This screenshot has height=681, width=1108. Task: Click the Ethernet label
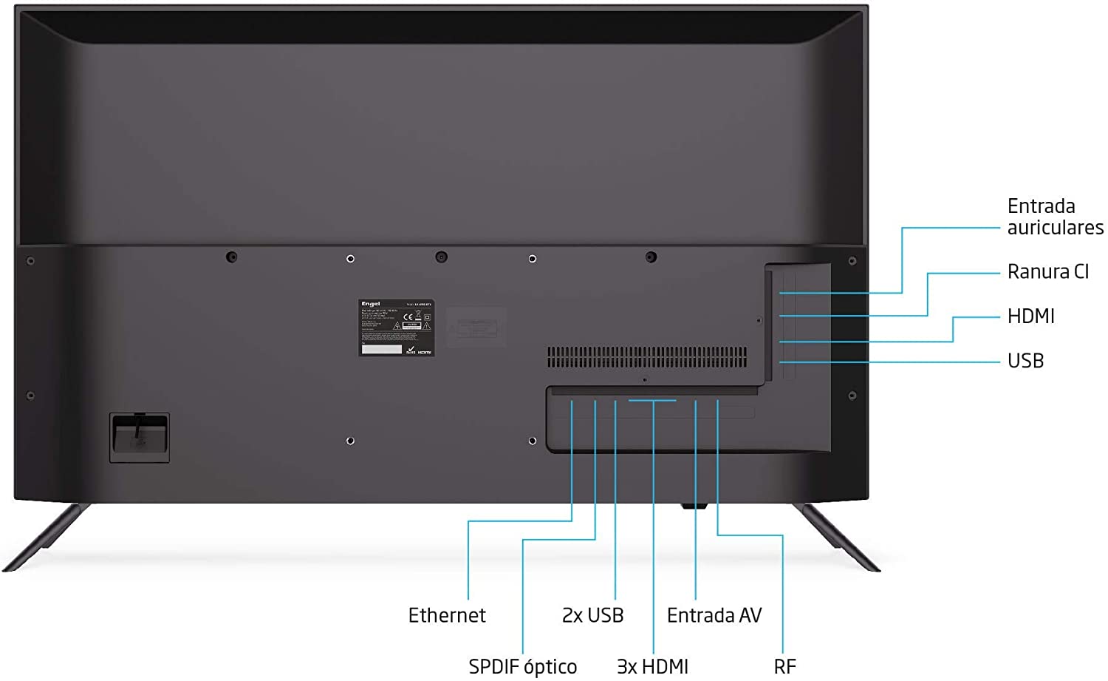[x=447, y=615]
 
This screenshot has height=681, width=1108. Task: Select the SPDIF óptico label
[x=522, y=666]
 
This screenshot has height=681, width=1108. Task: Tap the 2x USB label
[x=592, y=615]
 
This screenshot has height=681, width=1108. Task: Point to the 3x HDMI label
[x=652, y=666]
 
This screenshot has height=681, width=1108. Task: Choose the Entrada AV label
[x=714, y=615]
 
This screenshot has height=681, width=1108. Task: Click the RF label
[x=784, y=666]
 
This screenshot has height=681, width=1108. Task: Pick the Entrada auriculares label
[x=1055, y=217]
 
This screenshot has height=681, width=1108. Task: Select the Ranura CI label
[x=1047, y=272]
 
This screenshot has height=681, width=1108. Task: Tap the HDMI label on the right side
[x=1030, y=316]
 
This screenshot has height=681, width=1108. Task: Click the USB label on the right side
[x=1025, y=361]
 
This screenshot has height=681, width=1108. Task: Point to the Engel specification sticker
[x=396, y=328]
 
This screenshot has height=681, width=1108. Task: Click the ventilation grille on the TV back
[x=646, y=358]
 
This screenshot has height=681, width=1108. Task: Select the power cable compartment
[x=140, y=438]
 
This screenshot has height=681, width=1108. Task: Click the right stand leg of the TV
[x=841, y=538]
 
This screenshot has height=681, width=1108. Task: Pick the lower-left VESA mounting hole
[x=350, y=441]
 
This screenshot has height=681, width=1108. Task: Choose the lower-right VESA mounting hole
[x=533, y=441]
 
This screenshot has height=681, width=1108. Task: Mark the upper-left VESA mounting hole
[x=350, y=259]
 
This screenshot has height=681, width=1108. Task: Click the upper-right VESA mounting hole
[x=533, y=259]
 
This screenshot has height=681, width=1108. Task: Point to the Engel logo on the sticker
[x=370, y=304]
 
